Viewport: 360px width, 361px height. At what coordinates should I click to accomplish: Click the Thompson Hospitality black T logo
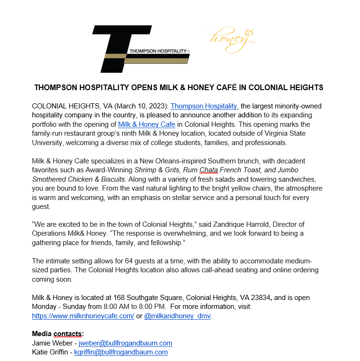pos(141,49)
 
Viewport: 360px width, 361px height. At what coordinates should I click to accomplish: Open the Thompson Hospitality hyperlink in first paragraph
pos(204,107)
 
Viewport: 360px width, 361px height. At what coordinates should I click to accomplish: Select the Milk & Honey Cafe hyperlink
pos(147,124)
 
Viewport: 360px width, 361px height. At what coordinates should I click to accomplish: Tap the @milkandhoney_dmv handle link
pos(177,316)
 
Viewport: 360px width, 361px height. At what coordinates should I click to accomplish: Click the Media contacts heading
pos(58,334)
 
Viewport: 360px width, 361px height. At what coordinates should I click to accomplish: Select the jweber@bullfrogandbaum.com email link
pos(125,343)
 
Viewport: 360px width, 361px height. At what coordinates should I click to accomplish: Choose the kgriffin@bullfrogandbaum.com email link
pos(121,352)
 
